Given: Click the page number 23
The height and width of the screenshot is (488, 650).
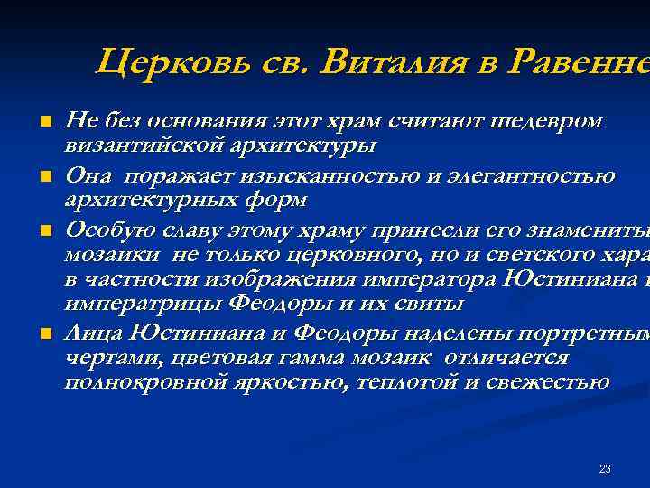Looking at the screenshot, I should [605, 468].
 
